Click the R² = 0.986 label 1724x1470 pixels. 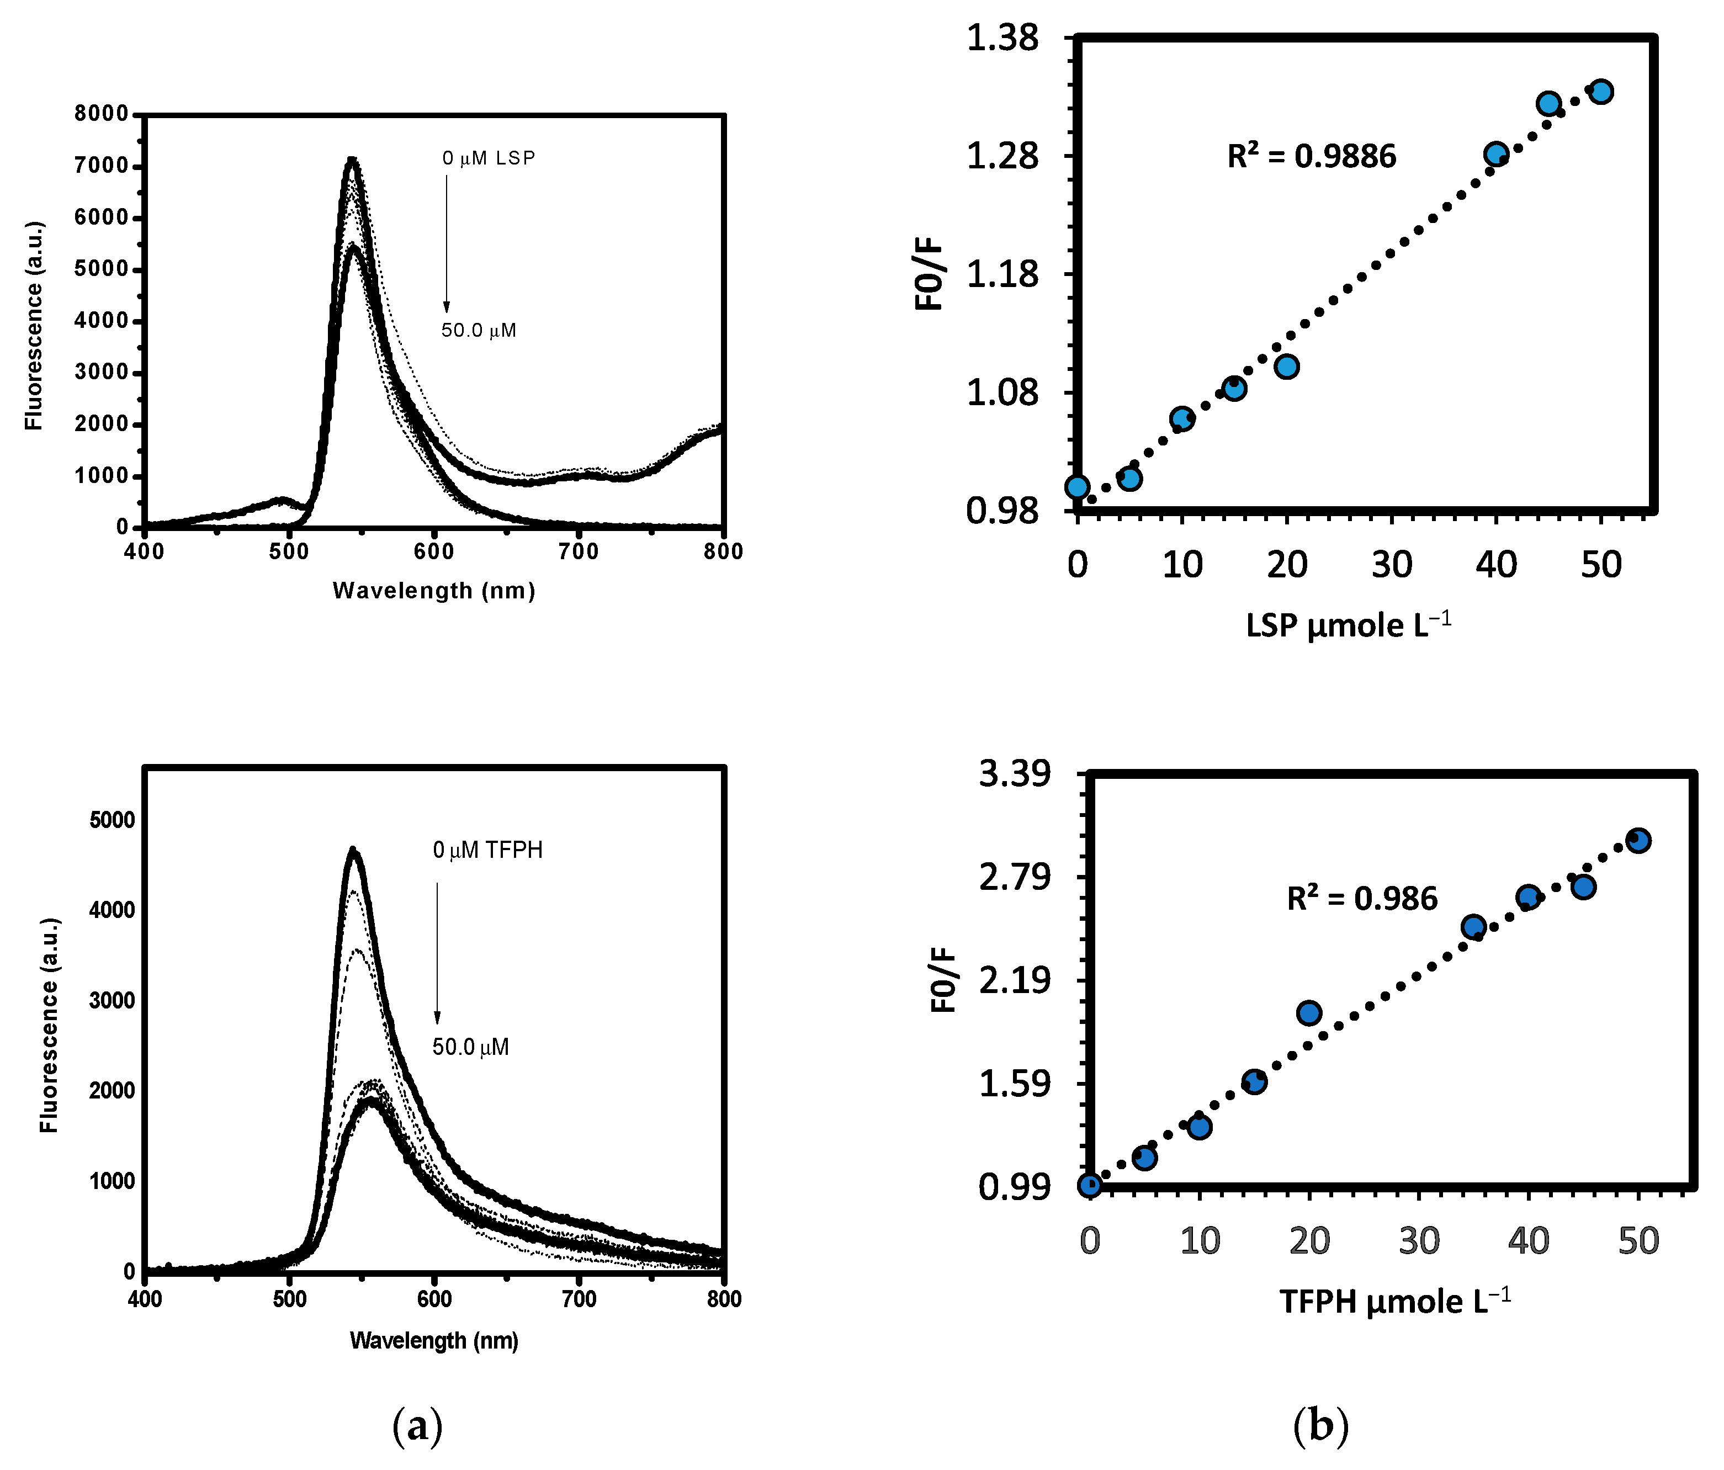1362,899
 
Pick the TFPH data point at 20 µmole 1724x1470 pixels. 1309,1012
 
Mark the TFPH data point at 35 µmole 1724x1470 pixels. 1473,927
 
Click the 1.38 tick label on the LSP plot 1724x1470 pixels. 1002,38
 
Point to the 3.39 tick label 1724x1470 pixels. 1014,774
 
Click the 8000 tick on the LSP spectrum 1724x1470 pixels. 102,114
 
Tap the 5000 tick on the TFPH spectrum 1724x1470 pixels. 112,820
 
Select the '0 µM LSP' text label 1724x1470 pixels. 489,158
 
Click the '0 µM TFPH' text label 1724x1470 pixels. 487,850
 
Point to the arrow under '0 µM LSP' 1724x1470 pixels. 446,243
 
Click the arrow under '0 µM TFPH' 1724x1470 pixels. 437,953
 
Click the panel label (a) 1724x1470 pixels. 417,1426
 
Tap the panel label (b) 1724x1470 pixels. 1320,1426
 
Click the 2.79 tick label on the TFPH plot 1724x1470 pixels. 1014,877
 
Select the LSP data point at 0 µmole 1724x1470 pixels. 1078,487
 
